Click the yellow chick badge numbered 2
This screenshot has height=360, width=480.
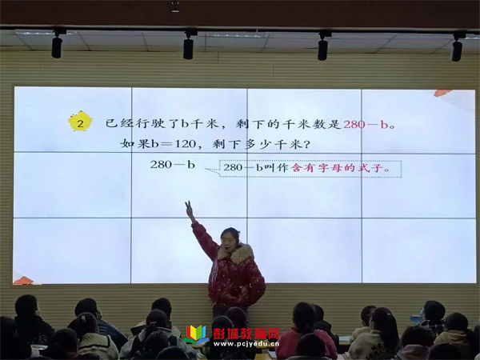(x=80, y=121)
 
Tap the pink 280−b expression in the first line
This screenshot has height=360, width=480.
(x=366, y=124)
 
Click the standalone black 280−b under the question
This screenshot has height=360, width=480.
(x=172, y=165)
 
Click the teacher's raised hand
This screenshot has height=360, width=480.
(x=190, y=210)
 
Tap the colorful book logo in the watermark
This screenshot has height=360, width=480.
(x=196, y=335)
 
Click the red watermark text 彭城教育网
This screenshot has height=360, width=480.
(x=246, y=334)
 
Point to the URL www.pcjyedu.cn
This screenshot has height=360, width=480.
(x=246, y=343)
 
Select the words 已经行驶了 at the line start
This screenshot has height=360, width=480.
(x=142, y=123)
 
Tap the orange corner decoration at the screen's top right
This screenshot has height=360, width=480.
(x=442, y=93)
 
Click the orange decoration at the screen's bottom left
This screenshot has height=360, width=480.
(x=22, y=280)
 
